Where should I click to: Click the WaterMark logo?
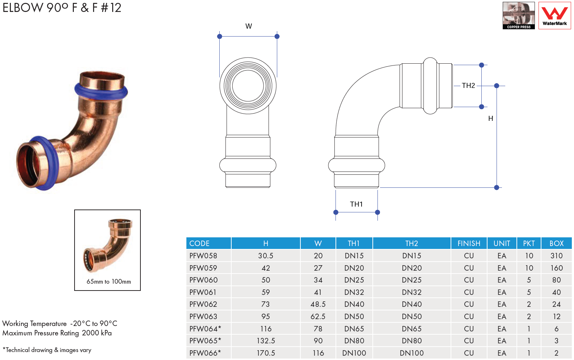[554, 15]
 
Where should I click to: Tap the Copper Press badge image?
[519, 15]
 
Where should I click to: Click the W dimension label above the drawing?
[249, 26]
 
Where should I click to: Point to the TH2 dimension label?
[468, 86]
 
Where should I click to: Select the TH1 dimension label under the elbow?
[356, 204]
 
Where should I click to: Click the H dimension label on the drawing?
[490, 118]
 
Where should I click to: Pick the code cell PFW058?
[203, 256]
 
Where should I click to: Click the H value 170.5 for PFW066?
[266, 353]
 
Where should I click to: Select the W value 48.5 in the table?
[318, 304]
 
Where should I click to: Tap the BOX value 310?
[556, 256]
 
